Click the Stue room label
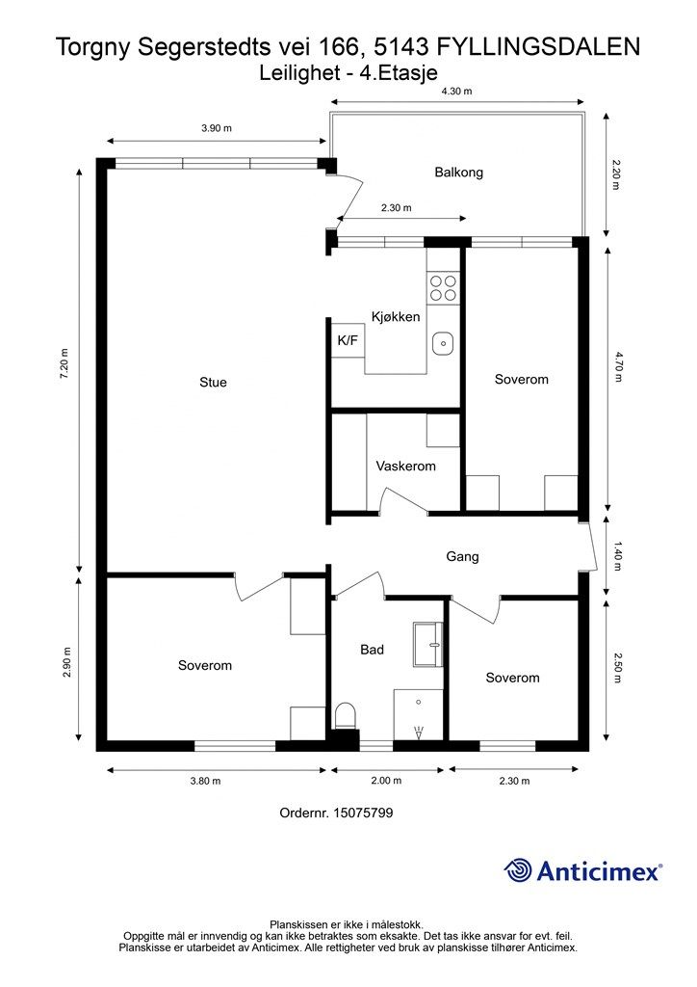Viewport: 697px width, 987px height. (213, 382)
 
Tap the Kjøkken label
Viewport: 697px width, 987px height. (396, 316)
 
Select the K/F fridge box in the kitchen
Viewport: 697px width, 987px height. (348, 340)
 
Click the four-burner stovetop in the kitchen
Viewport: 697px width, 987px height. (443, 287)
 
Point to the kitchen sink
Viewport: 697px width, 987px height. (443, 344)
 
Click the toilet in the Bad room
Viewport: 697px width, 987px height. (345, 716)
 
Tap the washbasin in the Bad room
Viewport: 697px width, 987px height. (428, 644)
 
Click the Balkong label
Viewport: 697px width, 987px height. (459, 172)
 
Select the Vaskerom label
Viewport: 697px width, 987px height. (405, 466)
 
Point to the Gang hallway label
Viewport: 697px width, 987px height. (462, 556)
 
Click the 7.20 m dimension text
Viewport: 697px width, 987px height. (65, 363)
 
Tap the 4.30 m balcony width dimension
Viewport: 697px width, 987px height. (456, 91)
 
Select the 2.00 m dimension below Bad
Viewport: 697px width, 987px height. (386, 781)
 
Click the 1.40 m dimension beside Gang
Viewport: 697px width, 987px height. (616, 556)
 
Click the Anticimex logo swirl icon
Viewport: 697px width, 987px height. (518, 870)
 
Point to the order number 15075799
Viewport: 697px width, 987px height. (363, 813)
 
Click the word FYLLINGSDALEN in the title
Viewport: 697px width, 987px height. (538, 47)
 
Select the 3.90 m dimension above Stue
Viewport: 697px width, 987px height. (217, 128)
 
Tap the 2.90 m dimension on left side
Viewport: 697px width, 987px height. (67, 662)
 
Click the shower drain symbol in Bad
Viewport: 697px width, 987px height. (419, 732)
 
